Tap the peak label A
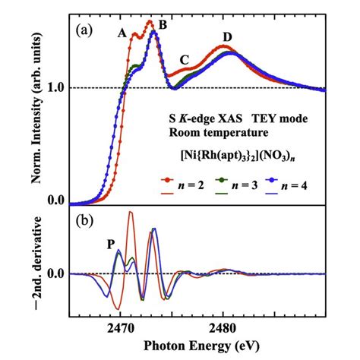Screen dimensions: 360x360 click(122, 33)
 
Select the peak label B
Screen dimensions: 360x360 click(163, 24)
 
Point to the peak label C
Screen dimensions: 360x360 click(184, 60)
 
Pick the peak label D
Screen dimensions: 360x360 click(227, 36)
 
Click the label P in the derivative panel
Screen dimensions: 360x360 click(112, 245)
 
